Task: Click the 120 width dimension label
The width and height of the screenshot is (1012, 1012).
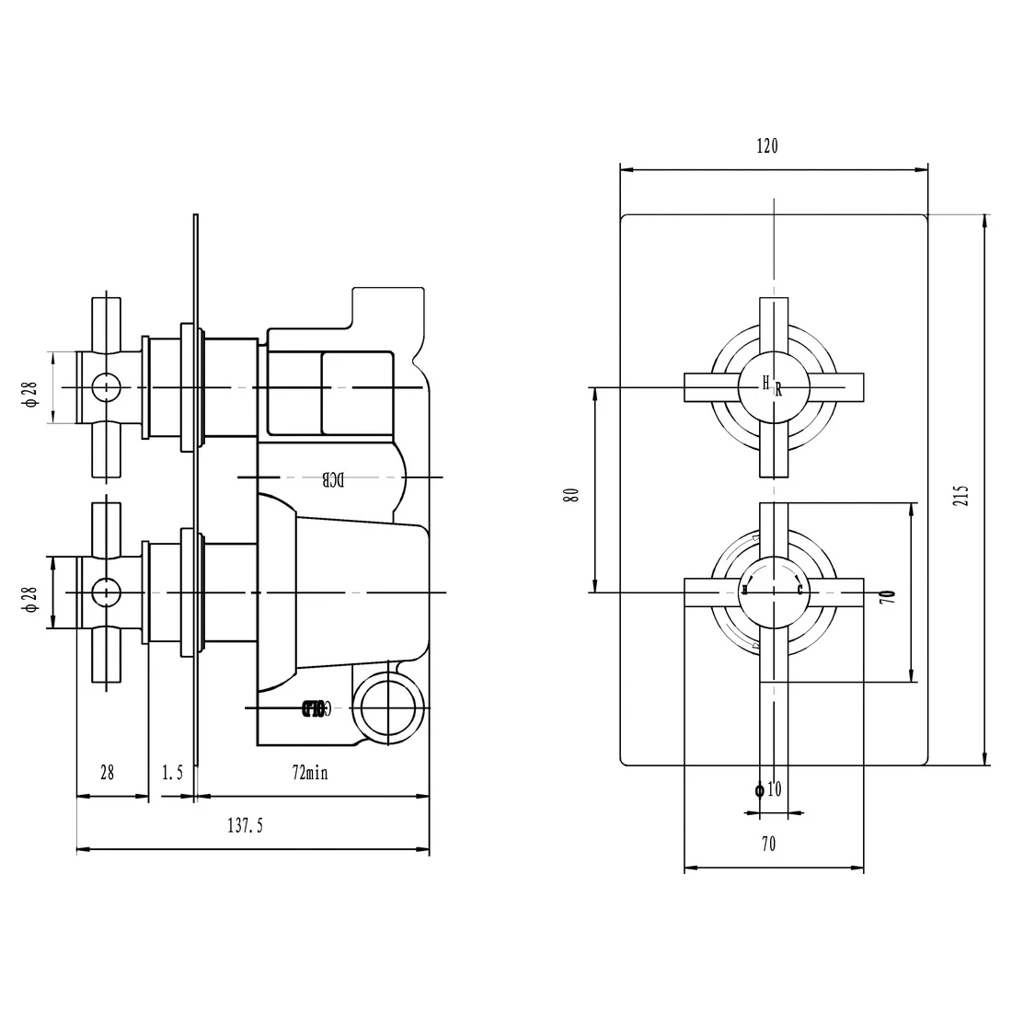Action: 767,146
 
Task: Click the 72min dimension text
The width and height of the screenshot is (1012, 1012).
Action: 310,773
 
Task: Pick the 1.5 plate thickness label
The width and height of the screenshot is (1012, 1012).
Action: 173,773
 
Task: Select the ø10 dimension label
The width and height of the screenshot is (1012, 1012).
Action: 767,789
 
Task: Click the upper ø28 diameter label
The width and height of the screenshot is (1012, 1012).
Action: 29,389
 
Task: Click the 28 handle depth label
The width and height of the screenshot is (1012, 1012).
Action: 107,773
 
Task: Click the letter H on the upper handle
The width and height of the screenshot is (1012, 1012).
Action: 765,382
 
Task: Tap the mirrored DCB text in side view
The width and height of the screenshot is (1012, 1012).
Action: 332,478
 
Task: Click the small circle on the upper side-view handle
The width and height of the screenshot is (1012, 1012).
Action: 106,387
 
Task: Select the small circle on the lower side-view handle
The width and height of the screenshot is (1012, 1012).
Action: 106,592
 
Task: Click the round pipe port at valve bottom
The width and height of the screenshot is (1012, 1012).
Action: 387,707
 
